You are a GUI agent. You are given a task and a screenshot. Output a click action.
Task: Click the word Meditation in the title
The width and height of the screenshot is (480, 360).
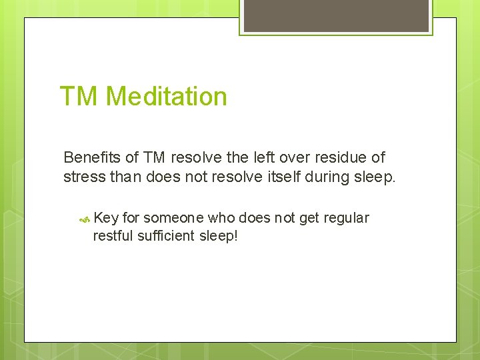[166, 97]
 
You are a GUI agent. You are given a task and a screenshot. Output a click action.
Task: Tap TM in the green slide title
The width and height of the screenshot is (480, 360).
[79, 97]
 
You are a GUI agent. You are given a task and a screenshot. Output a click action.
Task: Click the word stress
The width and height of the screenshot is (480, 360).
[81, 177]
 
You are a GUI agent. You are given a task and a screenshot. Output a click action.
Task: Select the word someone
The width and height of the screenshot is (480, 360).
[173, 218]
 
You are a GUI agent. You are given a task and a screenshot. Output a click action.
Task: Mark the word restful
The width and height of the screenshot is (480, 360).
[114, 235]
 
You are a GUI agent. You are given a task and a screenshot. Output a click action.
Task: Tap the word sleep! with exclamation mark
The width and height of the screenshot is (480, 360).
[219, 235]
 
